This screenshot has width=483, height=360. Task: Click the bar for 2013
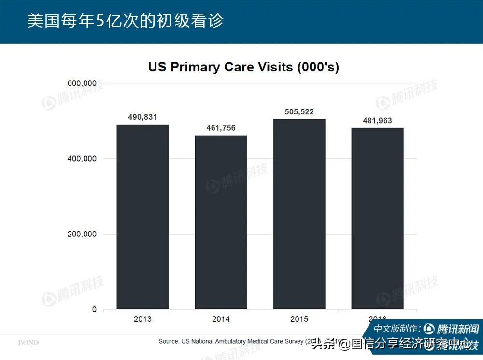point(142,217)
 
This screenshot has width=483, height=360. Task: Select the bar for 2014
point(221,222)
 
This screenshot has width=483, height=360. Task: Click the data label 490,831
point(142,117)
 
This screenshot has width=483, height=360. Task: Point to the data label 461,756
point(221,128)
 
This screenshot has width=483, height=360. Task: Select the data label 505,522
point(299,111)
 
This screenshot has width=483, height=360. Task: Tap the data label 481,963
point(377,121)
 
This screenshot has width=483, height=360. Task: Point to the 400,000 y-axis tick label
point(81,159)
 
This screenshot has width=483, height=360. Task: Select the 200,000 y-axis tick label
point(81,234)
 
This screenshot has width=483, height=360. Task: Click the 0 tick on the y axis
point(94,309)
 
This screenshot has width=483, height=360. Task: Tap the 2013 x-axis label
point(142,319)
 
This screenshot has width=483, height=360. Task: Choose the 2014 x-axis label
point(221,319)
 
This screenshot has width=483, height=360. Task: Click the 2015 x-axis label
point(299,319)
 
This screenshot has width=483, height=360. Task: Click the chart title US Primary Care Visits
point(243,67)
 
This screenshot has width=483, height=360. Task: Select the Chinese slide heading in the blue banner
point(125,21)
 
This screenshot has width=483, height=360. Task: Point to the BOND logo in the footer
point(28,342)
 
